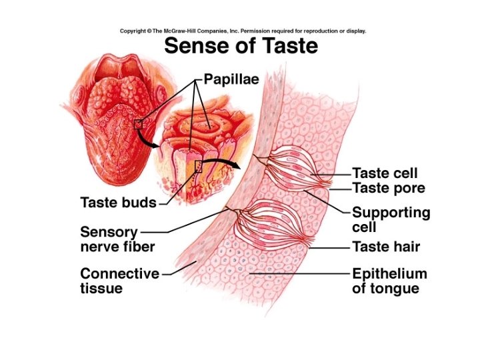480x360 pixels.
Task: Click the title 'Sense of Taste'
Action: pos(241,46)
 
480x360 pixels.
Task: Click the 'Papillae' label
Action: pos(231,79)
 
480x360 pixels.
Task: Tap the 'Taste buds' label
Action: pos(118,203)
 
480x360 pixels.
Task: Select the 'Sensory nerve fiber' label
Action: pos(117,239)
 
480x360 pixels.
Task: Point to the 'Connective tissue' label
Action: pos(120,281)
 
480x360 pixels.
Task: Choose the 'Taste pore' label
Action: pos(388,188)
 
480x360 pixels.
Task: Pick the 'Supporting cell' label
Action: pos(391,220)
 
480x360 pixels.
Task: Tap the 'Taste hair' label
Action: pos(386,247)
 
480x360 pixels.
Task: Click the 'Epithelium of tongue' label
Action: pos(389,281)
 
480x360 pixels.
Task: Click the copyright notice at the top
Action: pos(243,31)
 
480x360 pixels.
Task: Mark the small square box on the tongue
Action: pos(137,123)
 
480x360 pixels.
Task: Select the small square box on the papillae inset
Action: pos(197,165)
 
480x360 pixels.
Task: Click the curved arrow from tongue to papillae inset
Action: pos(147,139)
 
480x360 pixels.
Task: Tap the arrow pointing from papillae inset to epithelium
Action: pos(224,162)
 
